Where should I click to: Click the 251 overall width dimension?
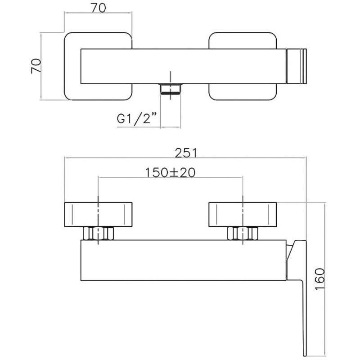coord(186,153)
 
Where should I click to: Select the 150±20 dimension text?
coord(171,172)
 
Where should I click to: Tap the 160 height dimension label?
coord(319,279)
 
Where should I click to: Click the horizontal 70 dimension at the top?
coord(99,8)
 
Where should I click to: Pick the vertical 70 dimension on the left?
coord(36,66)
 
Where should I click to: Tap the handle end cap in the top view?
coord(297,66)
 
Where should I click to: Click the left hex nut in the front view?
coord(98,233)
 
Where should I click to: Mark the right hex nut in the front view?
coord(243,233)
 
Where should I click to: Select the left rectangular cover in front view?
coord(98,215)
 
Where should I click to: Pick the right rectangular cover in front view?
coord(243,215)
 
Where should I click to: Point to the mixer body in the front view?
coord(184,260)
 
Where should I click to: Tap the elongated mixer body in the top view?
coord(184,66)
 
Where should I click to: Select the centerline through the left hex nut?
coord(98,220)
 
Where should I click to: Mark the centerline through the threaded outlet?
coord(171,85)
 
